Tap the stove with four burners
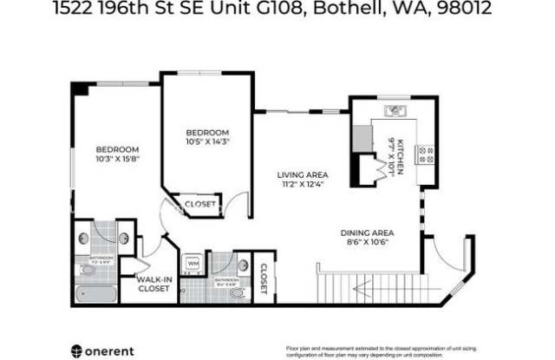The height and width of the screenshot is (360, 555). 425,154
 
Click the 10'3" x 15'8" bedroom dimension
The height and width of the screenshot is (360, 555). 117,158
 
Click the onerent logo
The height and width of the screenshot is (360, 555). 101,350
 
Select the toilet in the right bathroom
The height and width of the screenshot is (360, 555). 237,293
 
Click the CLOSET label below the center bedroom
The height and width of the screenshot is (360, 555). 201,205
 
